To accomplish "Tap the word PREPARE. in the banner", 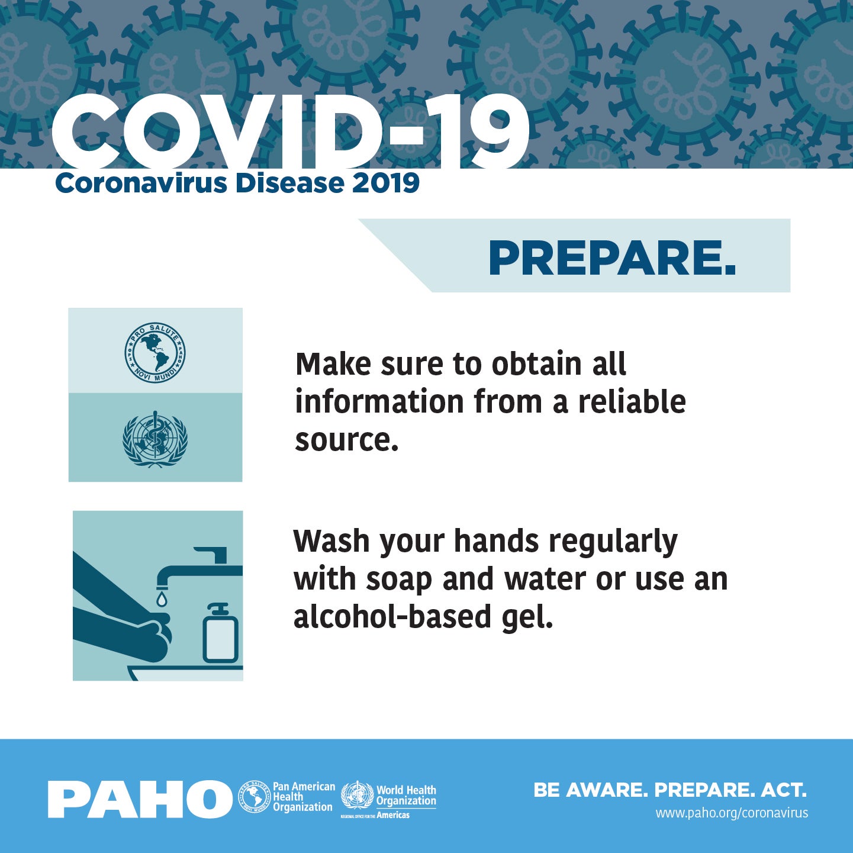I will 612,259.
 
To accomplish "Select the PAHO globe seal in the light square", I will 155,352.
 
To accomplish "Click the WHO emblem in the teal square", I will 155,440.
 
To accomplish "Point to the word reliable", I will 632,402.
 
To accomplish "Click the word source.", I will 346,440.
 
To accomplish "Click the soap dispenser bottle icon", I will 220,635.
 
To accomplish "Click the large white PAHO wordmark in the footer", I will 140,799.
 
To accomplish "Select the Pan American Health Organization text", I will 303,797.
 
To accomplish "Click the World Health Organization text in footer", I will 406,796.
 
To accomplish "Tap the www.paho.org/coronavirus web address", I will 731,813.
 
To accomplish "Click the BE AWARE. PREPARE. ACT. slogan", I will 669,790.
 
